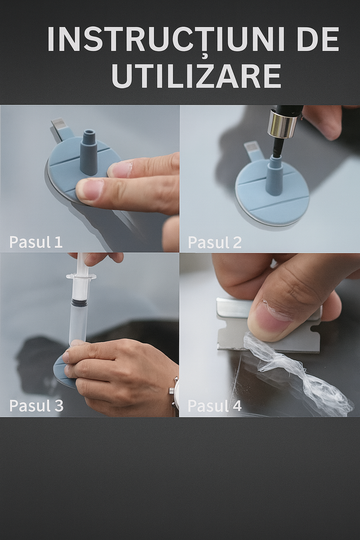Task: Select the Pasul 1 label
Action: [x=36, y=242]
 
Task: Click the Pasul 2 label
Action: [x=214, y=242]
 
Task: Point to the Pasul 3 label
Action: [x=36, y=406]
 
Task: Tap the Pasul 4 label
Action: [x=214, y=406]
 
